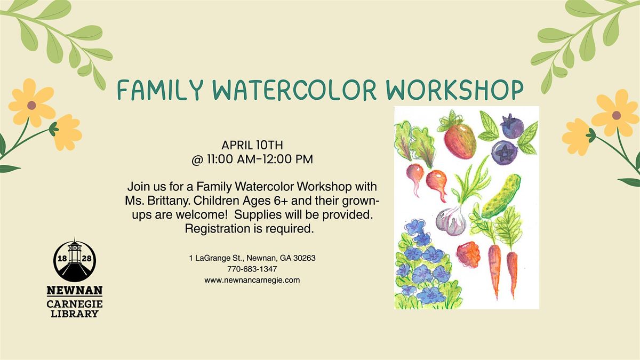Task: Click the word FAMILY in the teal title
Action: pos(160,90)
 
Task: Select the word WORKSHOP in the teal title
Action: pos(454,90)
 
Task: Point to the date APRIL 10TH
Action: pos(252,145)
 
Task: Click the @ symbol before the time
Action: pos(197,159)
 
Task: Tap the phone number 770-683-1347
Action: pos(252,269)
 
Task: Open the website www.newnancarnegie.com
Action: pos(252,281)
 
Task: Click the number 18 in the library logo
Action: pos(62,259)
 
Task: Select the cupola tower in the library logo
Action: pos(75,252)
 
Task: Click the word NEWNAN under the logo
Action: pos(75,291)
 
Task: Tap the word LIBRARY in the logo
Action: pos(75,314)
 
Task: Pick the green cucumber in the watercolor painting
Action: pos(501,196)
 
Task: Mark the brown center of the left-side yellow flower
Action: pos(31,105)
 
